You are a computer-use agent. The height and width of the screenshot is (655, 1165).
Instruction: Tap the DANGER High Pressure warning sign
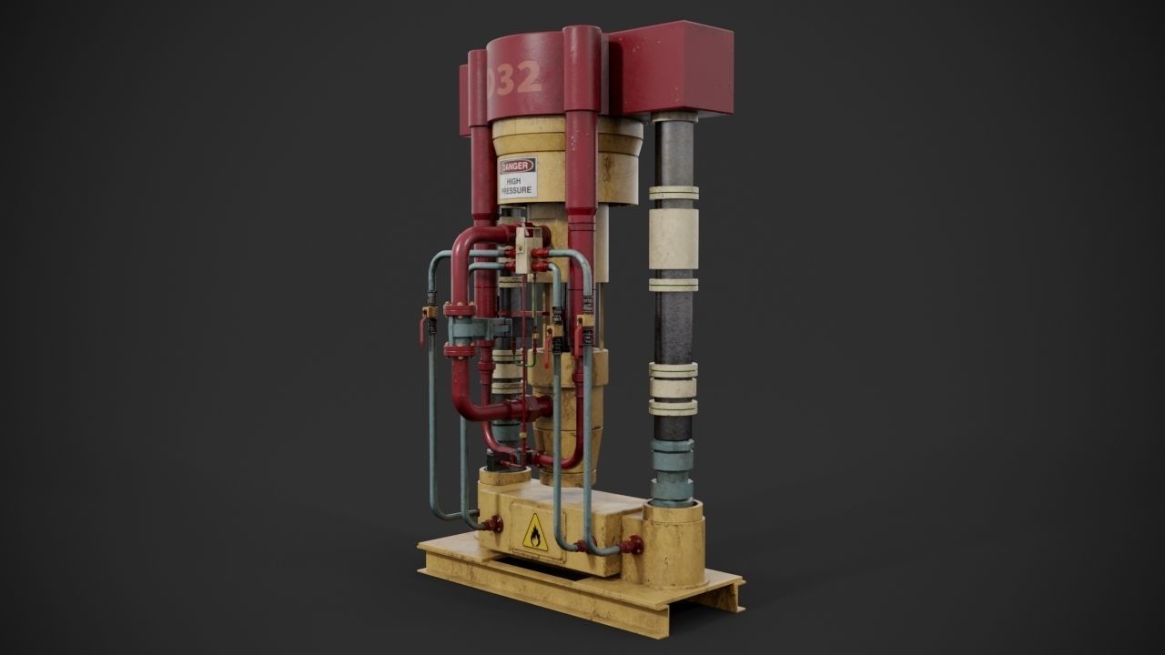point(518,177)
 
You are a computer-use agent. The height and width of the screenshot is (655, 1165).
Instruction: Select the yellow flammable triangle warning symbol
point(534,532)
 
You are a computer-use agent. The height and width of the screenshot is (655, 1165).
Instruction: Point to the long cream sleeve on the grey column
point(674,239)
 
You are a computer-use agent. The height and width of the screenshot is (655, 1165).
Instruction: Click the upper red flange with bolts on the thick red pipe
point(459,309)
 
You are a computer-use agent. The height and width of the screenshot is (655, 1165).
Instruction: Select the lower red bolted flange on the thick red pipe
point(459,350)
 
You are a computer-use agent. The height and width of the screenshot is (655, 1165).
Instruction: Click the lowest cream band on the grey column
point(673,408)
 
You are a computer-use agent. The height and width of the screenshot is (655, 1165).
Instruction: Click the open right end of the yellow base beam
point(733,596)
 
